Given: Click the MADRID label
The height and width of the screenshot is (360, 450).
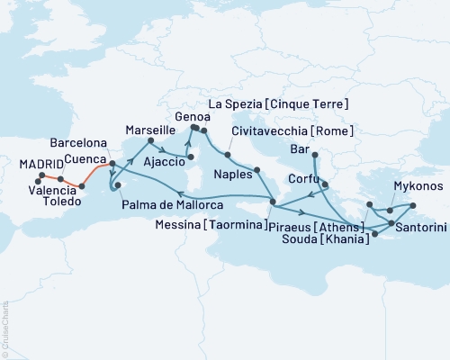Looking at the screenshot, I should click(41, 164).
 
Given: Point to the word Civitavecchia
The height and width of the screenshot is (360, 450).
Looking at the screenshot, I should click(270, 132).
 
